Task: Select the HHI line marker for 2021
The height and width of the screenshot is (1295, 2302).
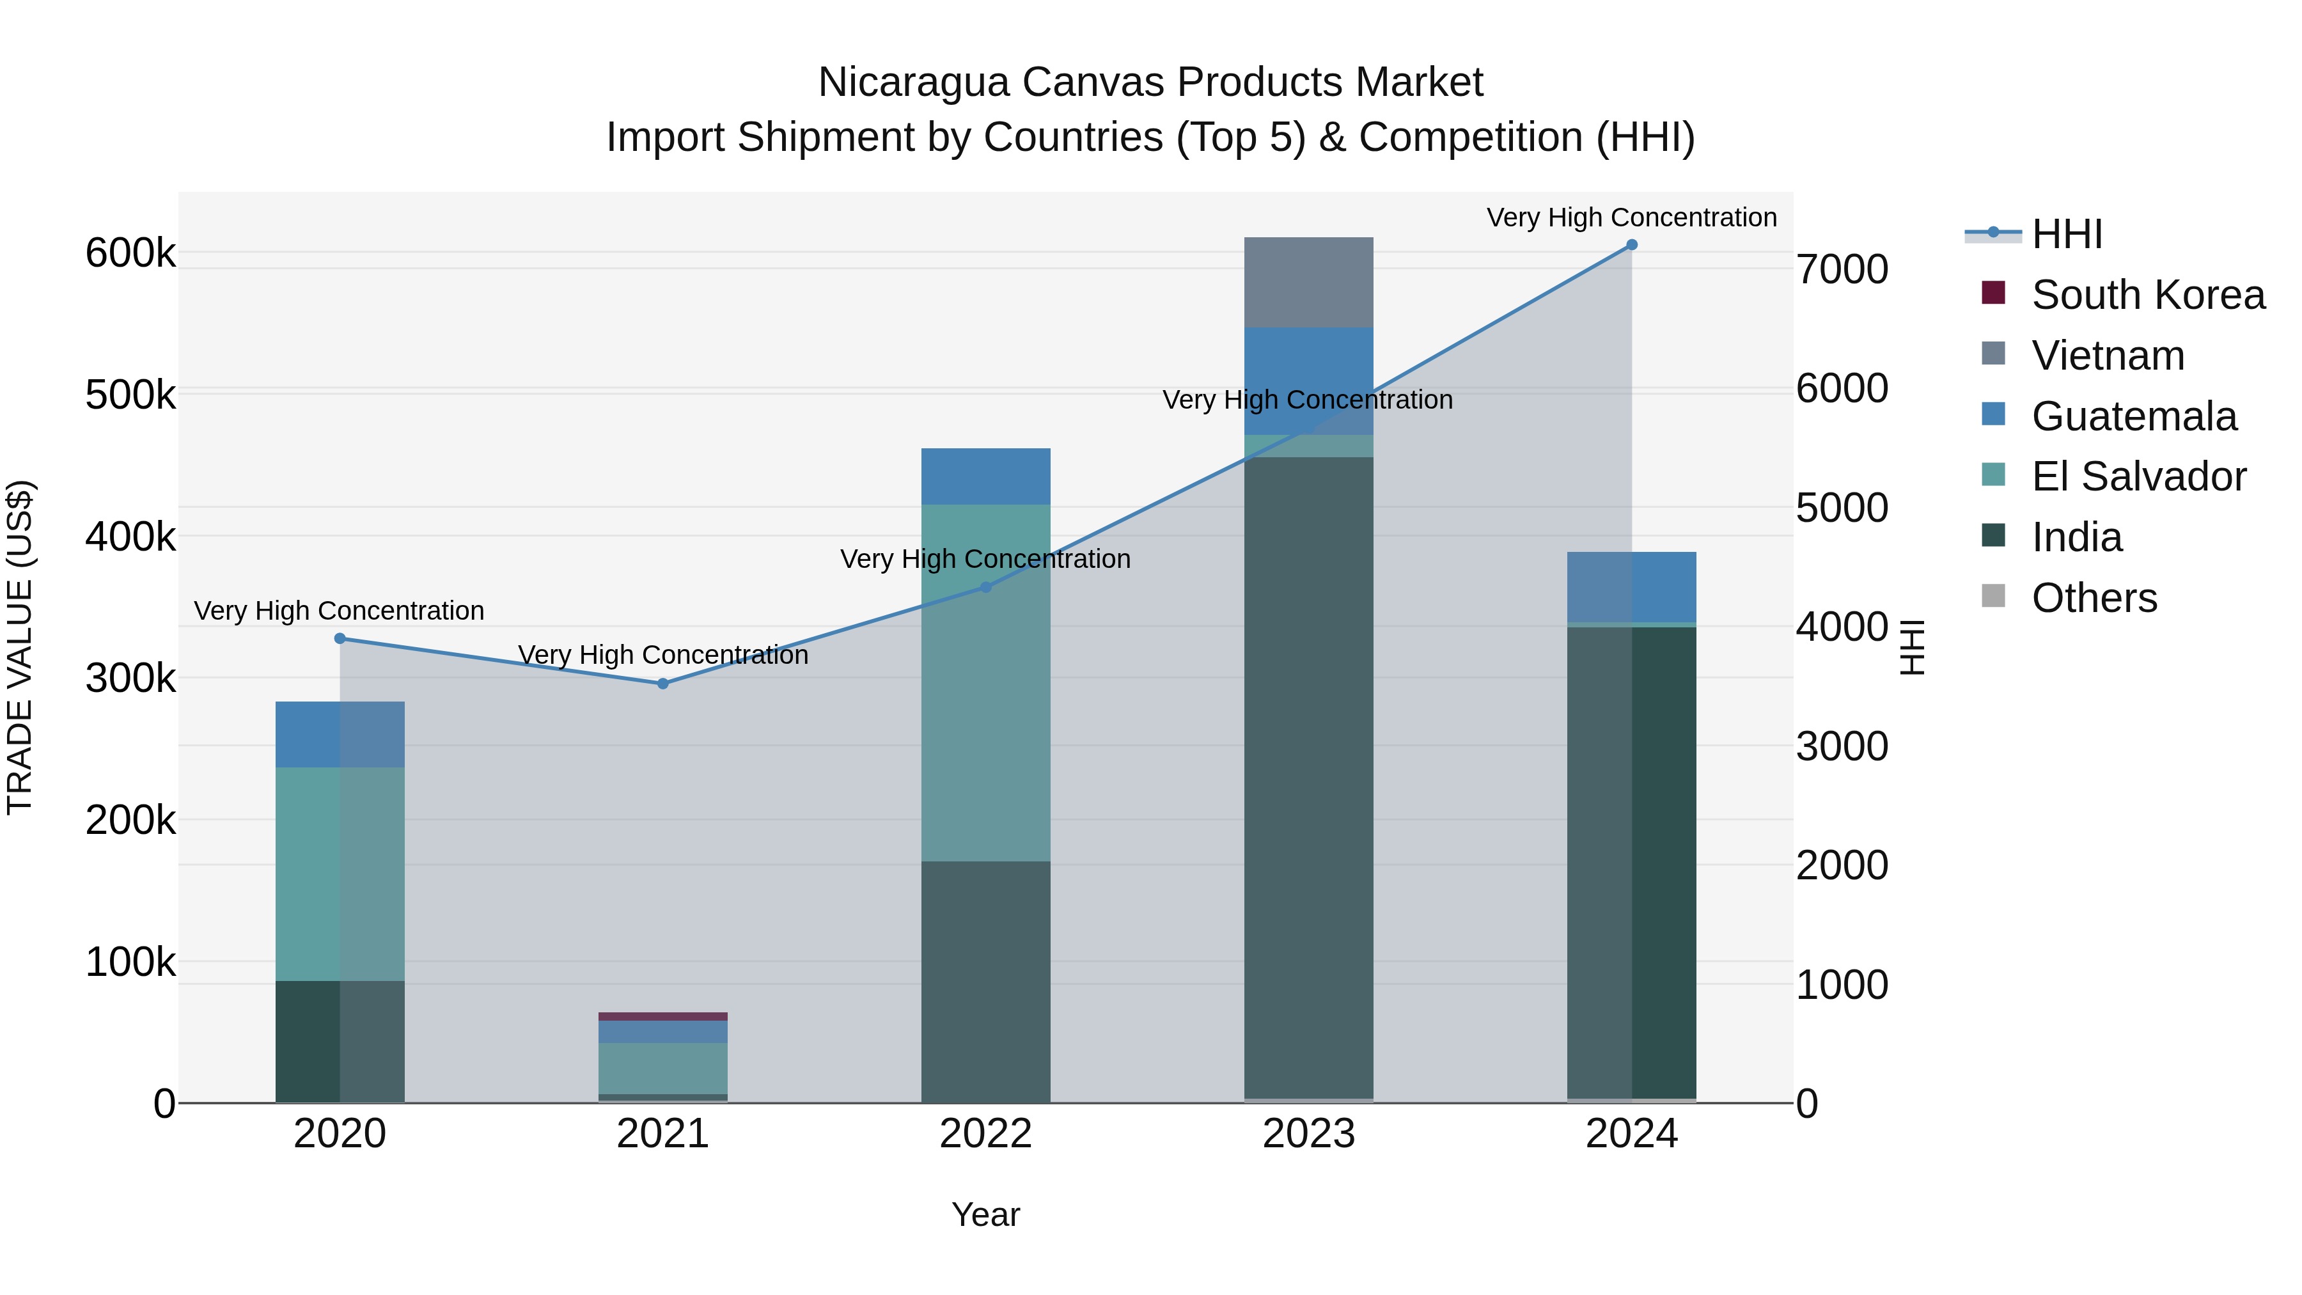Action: point(663,684)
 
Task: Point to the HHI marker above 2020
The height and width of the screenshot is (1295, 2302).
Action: point(340,638)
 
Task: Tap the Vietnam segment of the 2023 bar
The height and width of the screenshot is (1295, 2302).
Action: point(1308,283)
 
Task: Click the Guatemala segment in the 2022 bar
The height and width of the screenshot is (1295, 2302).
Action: point(985,476)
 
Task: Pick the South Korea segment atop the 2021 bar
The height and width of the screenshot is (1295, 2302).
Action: point(663,1016)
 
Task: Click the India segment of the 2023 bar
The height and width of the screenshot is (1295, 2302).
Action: point(1308,778)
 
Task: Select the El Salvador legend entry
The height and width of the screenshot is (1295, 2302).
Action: point(2138,476)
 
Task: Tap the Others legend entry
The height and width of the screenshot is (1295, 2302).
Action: point(2094,598)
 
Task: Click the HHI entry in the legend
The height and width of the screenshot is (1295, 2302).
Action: point(2065,234)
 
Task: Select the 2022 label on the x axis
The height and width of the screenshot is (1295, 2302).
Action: point(985,1134)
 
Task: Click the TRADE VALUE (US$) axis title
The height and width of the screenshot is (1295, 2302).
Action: point(20,647)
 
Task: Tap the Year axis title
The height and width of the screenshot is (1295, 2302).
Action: point(985,1214)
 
